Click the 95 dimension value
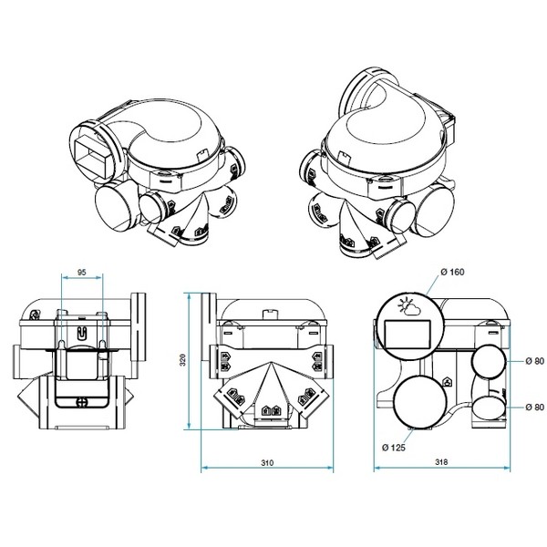tap(81, 272)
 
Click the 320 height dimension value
tap(182, 360)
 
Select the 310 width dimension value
tap(267, 463)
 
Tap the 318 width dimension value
tap(441, 462)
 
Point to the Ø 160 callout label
tap(452, 272)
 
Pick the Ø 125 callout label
tap(394, 448)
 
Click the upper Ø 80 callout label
tap(535, 361)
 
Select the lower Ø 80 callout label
tap(535, 408)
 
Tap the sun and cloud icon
tap(408, 306)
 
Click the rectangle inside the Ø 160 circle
tap(408, 335)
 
